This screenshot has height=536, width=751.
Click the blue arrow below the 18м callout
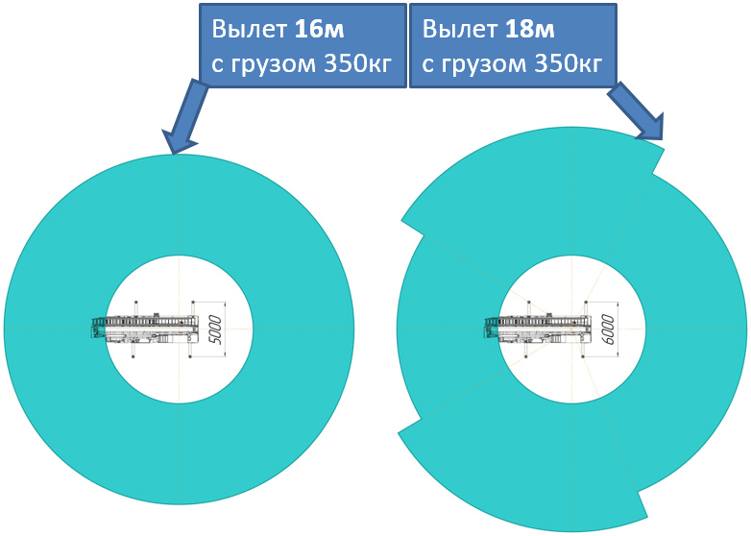click(637, 108)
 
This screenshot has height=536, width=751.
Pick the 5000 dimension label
click(215, 329)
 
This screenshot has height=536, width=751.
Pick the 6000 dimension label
click(607, 329)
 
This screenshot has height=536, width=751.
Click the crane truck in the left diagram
click(144, 329)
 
